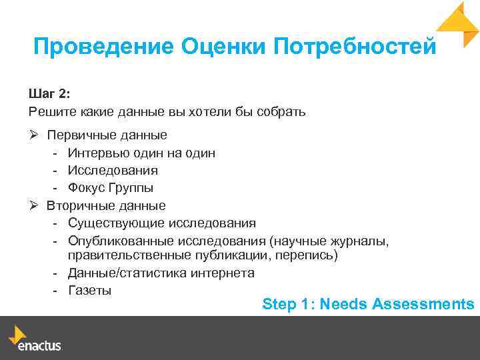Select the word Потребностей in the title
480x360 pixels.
355,47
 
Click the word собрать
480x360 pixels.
283,111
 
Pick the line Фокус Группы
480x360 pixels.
110,188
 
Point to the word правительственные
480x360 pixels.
121,256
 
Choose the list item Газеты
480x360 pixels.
89,291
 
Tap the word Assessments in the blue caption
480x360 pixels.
423,305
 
